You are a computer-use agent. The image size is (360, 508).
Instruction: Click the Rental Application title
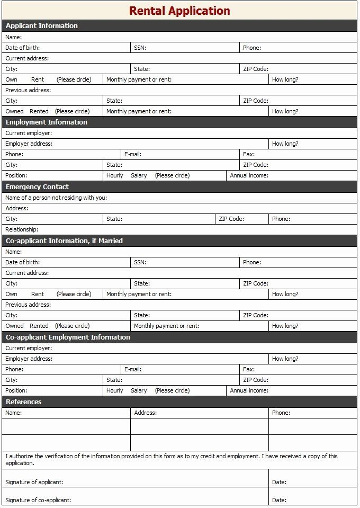point(179,11)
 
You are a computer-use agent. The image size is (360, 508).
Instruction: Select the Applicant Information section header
point(42,25)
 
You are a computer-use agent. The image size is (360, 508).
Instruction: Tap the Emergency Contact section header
point(37,186)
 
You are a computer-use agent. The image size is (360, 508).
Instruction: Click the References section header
point(24,402)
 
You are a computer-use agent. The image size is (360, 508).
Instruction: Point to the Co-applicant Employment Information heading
point(68,337)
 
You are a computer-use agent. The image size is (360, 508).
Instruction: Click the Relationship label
point(22,229)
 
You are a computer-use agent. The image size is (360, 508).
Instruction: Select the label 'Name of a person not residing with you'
point(56,198)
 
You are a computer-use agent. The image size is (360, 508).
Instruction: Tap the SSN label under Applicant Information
point(140,48)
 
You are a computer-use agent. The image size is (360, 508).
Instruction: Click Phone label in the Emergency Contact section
point(281,219)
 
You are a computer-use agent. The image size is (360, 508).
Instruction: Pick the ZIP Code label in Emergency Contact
point(231,219)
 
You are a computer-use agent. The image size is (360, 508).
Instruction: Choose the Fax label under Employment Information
point(249,154)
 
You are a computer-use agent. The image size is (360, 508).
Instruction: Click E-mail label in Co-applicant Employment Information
point(133,369)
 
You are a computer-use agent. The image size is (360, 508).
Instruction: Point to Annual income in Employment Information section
point(249,175)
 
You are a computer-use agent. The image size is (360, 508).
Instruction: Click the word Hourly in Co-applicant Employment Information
point(114,390)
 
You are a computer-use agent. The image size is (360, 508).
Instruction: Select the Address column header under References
point(145,413)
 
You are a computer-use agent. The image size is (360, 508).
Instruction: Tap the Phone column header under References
point(281,413)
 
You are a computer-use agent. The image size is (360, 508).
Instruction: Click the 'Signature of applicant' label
point(34,482)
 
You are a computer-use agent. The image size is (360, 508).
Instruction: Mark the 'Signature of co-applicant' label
point(38,500)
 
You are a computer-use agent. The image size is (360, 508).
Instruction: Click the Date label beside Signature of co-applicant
point(279,500)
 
